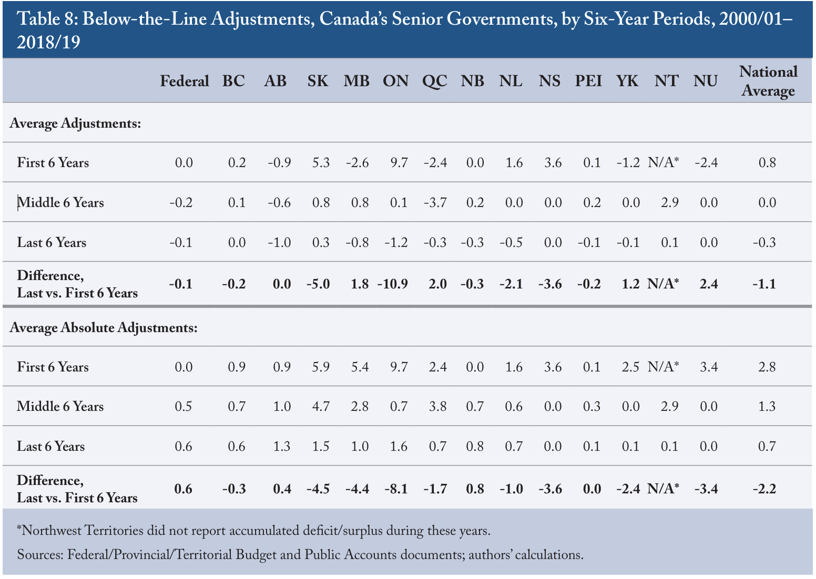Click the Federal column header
click(185, 81)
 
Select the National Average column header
click(768, 81)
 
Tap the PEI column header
click(588, 81)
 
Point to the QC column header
click(435, 81)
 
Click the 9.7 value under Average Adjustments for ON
click(399, 162)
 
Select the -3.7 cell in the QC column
click(435, 202)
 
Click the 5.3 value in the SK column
click(321, 162)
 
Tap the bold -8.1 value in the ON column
click(396, 489)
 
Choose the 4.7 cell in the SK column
click(321, 406)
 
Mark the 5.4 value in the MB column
click(360, 367)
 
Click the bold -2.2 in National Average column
click(764, 489)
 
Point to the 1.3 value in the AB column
click(282, 446)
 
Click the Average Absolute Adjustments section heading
click(104, 327)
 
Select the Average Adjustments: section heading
click(75, 123)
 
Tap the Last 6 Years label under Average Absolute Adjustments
click(50, 446)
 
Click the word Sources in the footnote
click(40, 555)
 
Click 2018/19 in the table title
click(48, 42)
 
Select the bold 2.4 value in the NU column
click(709, 284)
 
